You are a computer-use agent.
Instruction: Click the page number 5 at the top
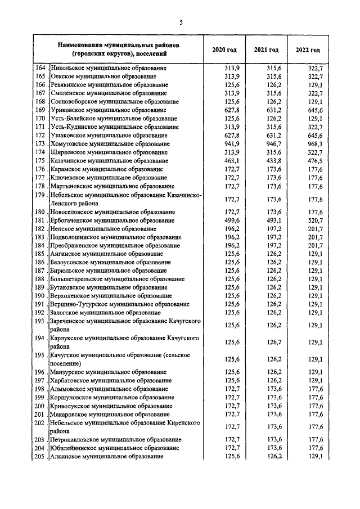point(181,22)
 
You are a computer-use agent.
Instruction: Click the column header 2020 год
point(224,50)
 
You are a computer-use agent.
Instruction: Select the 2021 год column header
point(267,50)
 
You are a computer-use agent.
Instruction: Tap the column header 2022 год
point(308,50)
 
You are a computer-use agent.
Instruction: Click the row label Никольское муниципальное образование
point(109,68)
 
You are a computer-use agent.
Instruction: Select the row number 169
point(40,110)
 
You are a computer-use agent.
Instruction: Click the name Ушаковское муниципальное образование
point(109,136)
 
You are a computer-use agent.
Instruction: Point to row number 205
point(40,456)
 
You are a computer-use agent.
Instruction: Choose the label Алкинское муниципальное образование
point(107,456)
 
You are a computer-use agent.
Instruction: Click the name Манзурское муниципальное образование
point(109,372)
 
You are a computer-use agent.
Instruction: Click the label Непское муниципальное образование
point(103,229)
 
